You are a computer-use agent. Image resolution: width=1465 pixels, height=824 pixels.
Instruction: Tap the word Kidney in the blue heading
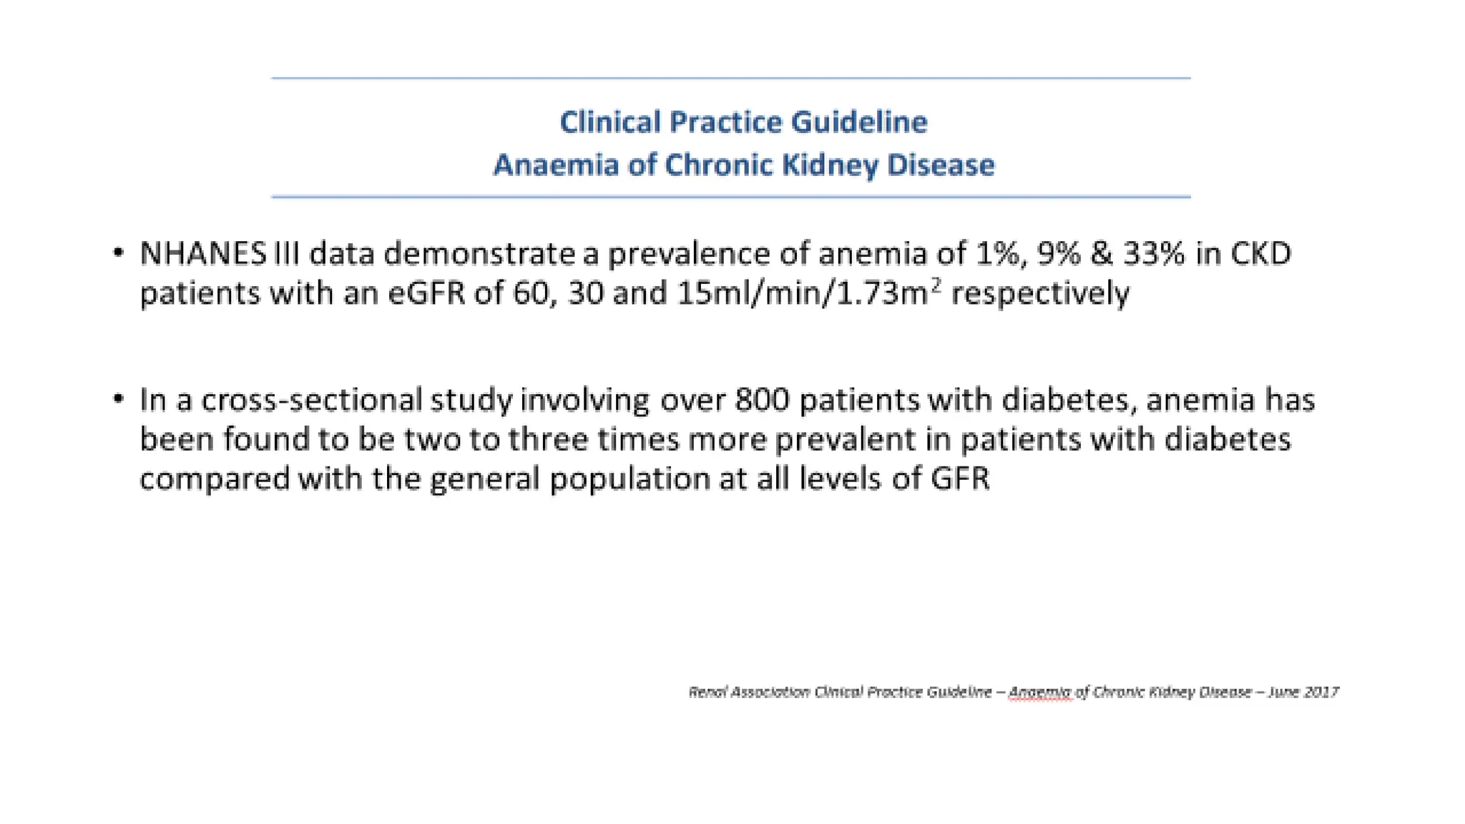(829, 165)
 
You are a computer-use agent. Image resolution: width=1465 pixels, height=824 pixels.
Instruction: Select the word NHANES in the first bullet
(202, 254)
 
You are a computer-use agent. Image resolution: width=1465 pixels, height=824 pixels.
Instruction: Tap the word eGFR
(426, 293)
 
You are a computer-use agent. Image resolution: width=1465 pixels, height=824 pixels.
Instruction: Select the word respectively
(1040, 293)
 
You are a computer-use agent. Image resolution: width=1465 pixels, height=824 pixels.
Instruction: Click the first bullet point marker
(119, 252)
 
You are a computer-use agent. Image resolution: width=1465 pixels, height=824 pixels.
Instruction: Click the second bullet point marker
(119, 399)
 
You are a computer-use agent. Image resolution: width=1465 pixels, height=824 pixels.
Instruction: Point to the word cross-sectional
(312, 400)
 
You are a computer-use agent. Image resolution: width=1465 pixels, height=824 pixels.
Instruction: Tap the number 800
(762, 400)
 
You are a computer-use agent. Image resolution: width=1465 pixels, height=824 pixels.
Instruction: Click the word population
(629, 479)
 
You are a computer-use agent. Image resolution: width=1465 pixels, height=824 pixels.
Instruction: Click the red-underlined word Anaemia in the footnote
(1039, 692)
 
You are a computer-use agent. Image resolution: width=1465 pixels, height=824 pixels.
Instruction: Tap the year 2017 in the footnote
(1321, 692)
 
